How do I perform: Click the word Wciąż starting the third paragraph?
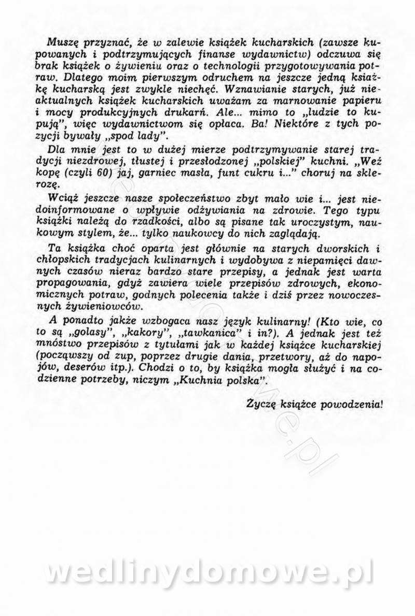[x=61, y=198]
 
